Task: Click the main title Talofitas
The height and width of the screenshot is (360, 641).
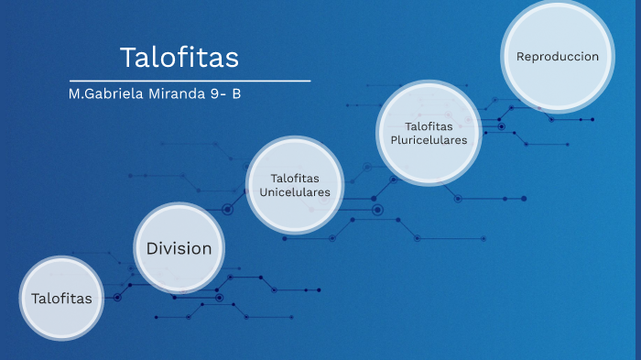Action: click(179, 58)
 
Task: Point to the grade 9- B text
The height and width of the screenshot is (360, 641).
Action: click(225, 93)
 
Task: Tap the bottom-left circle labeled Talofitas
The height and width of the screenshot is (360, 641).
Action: click(61, 299)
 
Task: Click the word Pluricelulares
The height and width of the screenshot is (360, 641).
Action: click(429, 140)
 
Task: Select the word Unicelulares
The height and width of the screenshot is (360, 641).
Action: click(295, 191)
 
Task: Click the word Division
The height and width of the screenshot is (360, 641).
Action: click(179, 248)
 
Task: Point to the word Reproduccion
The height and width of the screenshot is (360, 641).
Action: click(558, 57)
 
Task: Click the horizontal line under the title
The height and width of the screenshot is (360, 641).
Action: click(190, 82)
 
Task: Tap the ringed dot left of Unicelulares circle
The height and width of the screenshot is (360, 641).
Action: click(228, 210)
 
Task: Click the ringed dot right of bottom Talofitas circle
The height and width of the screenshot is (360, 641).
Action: click(117, 297)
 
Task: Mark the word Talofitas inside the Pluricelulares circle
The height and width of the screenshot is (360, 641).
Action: click(429, 125)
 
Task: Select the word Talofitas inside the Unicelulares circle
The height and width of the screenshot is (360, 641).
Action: click(295, 177)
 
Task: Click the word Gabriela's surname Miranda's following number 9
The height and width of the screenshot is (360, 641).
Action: click(213, 93)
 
